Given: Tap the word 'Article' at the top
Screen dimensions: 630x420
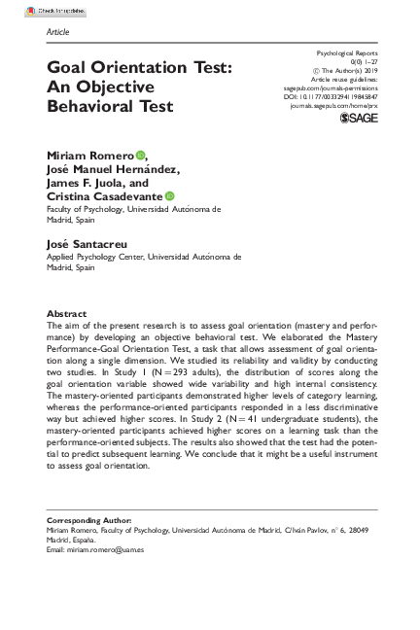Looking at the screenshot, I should tap(57, 31).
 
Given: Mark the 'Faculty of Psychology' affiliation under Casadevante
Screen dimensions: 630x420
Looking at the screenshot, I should tap(90, 208).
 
